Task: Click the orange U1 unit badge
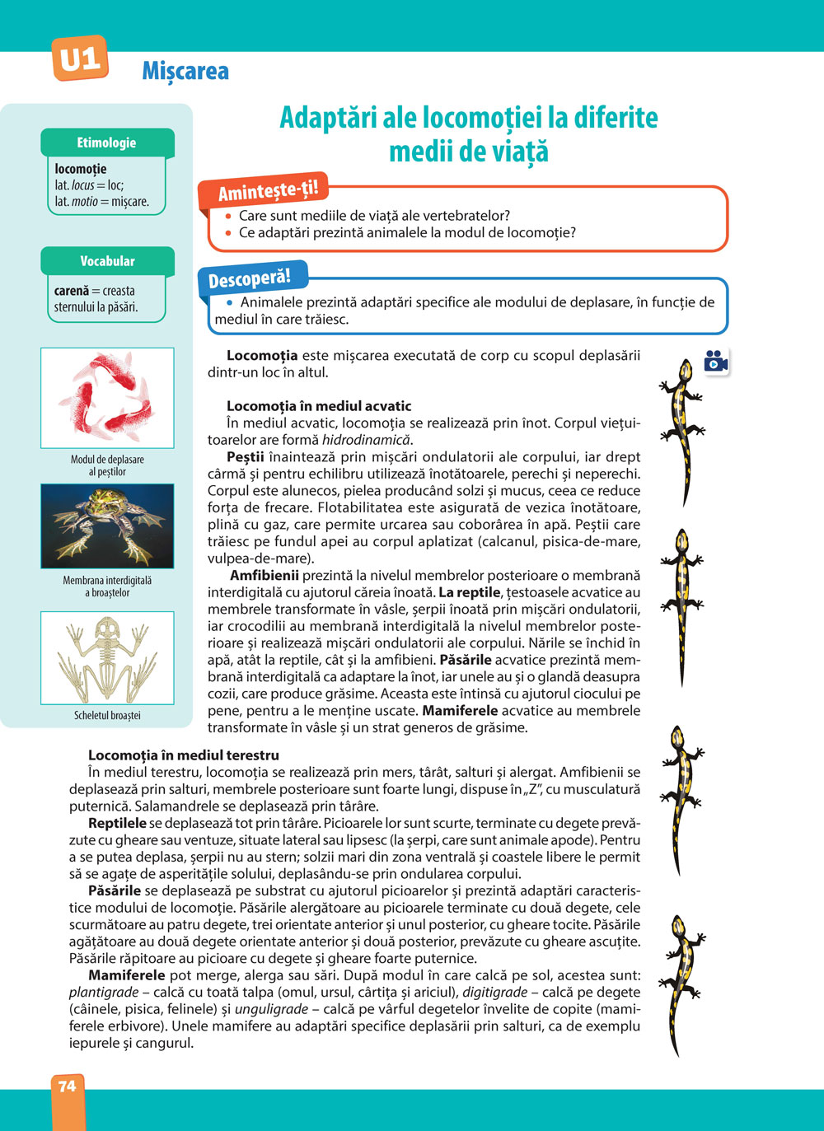(80, 58)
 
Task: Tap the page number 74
(67, 1087)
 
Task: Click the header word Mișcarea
(185, 72)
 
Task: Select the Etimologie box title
(106, 143)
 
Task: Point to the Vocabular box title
(107, 261)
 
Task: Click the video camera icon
(716, 361)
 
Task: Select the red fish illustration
(107, 397)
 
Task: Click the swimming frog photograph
(107, 526)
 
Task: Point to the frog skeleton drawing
(107, 657)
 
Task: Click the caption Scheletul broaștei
(107, 716)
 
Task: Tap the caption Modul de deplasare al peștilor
(107, 465)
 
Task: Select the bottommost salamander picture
(682, 984)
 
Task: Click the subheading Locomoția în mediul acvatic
(319, 406)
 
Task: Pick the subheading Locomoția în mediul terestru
(184, 755)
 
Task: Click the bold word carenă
(72, 291)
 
